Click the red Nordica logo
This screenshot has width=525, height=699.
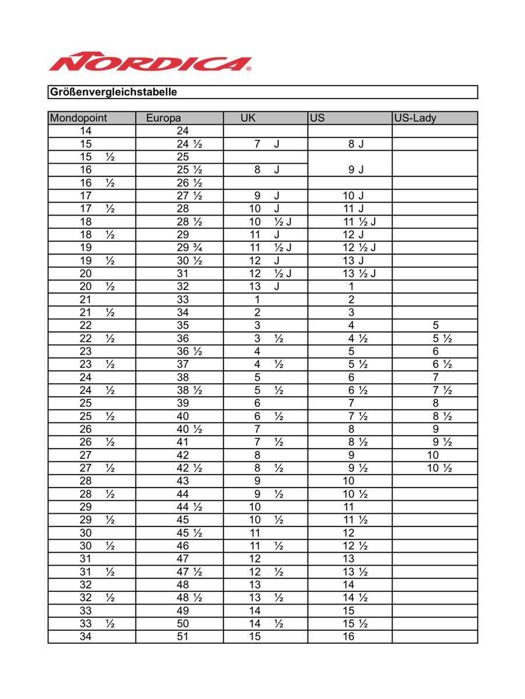click(150, 62)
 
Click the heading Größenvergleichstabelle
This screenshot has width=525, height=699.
click(113, 92)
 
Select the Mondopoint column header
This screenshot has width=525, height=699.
click(79, 118)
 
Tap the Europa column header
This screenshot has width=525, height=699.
click(163, 118)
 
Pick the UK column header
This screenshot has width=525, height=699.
click(248, 118)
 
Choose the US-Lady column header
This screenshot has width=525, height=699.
click(415, 118)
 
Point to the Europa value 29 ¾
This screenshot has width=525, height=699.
click(189, 248)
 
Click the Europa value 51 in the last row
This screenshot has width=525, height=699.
click(183, 637)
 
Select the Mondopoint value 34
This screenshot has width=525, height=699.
click(86, 637)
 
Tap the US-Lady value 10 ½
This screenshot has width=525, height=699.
click(439, 468)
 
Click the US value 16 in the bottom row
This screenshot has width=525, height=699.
click(348, 637)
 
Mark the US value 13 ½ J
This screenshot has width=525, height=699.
click(359, 274)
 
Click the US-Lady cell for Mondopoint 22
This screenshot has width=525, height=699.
click(436, 326)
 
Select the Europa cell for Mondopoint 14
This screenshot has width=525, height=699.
click(183, 131)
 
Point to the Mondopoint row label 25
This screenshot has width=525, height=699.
click(86, 403)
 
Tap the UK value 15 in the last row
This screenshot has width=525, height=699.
click(255, 637)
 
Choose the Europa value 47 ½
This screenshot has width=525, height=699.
click(189, 572)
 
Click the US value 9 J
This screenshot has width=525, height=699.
click(356, 170)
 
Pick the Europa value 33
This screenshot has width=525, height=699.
click(183, 299)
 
